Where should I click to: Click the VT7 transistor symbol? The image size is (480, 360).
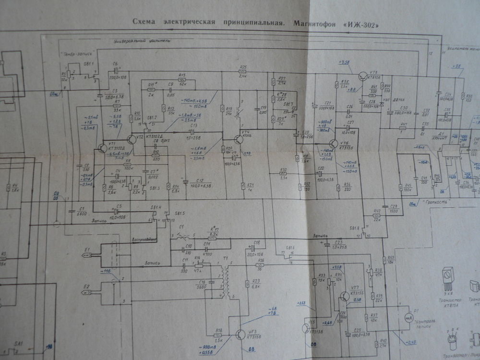[345, 296]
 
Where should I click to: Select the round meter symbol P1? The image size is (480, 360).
[407, 317]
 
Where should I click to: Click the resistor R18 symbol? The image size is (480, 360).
[219, 335]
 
